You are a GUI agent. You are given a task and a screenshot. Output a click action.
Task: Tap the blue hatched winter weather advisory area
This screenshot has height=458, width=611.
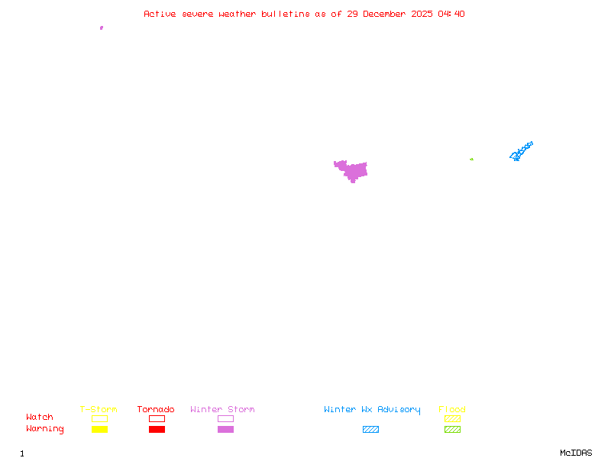pos(521,151)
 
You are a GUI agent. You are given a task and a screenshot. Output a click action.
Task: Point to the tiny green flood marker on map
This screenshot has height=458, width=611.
pos(471,159)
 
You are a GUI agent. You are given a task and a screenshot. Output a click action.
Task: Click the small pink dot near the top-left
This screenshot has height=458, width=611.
pos(102,27)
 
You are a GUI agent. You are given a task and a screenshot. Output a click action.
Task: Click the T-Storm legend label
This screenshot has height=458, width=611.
pos(99,410)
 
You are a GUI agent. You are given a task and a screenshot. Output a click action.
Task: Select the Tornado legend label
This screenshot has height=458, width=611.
pos(156,410)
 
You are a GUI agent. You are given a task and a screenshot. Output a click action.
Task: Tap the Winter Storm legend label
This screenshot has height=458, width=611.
pos(222,410)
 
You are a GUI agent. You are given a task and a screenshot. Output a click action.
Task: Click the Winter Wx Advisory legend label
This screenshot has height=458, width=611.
pos(372,410)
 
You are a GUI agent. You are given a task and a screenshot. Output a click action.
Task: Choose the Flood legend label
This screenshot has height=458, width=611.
pos(452,410)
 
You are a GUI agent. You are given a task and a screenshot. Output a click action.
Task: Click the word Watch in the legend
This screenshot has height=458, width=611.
pos(40,418)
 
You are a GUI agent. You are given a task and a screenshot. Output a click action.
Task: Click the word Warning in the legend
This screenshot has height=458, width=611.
pos(45,429)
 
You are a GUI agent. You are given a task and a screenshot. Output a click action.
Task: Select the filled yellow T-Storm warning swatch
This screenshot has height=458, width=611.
pos(99,429)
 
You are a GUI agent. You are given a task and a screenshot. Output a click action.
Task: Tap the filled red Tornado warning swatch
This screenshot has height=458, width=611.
pos(157,429)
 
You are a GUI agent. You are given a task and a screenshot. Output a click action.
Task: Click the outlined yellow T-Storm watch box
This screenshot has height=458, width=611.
pos(99,418)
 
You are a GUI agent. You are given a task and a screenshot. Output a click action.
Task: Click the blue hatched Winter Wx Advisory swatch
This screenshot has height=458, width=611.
pos(370,429)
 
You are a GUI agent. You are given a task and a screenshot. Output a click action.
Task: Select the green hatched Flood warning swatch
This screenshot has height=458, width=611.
pos(452,429)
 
